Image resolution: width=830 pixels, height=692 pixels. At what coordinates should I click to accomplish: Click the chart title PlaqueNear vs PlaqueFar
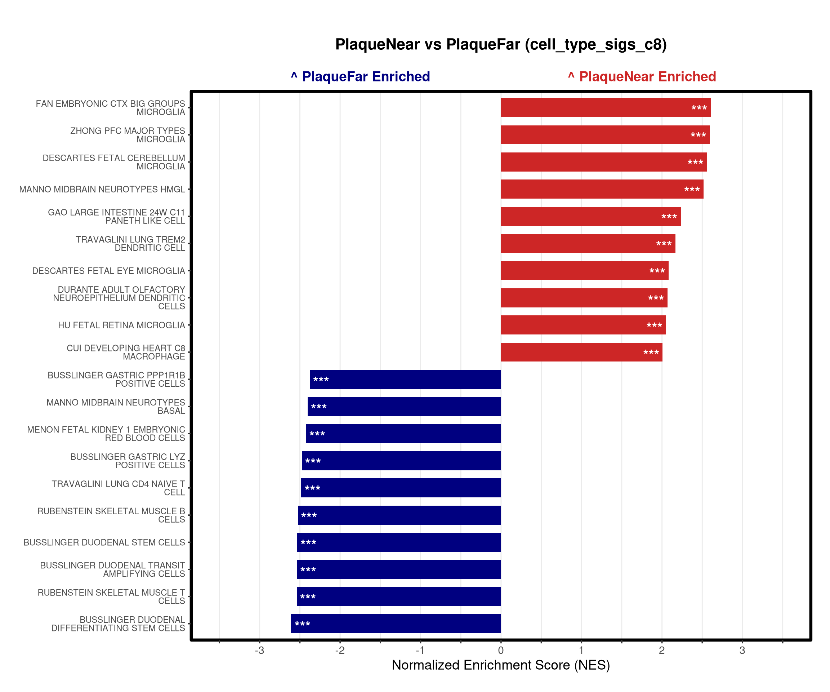[x=501, y=44]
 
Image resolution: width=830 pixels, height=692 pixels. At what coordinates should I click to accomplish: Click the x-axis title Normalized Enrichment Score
[x=501, y=665]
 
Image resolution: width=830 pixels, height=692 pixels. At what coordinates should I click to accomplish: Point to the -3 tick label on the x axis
[x=259, y=651]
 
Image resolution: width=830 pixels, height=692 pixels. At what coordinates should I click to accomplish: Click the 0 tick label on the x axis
[x=501, y=651]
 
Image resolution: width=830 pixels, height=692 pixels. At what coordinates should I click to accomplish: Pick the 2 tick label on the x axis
[x=662, y=651]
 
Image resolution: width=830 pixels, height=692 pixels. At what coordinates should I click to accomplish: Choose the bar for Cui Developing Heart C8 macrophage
[x=581, y=352]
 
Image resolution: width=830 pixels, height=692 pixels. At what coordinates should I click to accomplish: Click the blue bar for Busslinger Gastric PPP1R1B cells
[x=405, y=379]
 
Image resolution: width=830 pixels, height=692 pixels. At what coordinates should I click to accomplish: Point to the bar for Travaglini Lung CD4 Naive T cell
[x=401, y=488]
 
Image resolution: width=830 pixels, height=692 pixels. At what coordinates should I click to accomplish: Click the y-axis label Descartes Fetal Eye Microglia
[x=109, y=271]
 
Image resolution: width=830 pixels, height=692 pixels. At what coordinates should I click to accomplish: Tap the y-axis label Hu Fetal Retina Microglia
[x=121, y=325]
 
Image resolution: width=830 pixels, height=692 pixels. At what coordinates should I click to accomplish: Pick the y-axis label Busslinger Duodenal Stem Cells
[x=104, y=542]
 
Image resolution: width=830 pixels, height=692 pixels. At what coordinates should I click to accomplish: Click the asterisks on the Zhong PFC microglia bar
[x=698, y=135]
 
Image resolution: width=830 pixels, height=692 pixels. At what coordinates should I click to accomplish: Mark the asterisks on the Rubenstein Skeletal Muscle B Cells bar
[x=309, y=516]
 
